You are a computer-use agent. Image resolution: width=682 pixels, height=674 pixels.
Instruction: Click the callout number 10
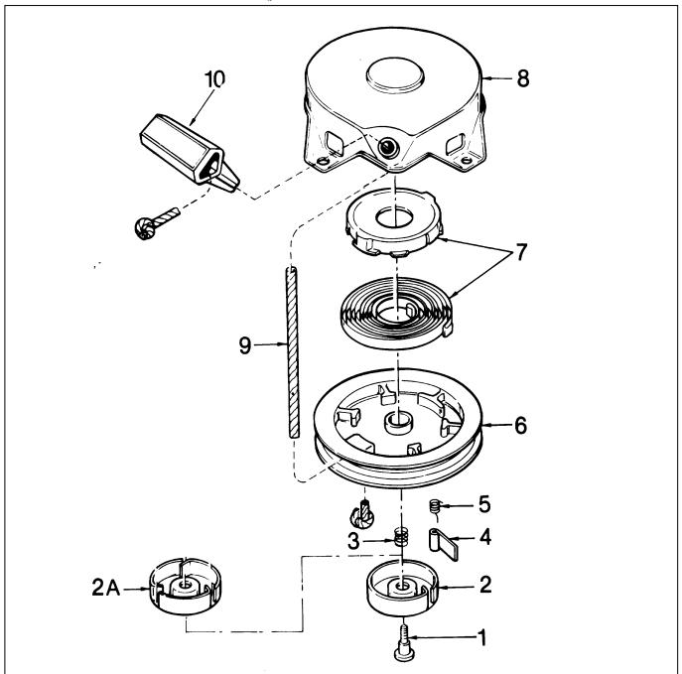[x=214, y=79]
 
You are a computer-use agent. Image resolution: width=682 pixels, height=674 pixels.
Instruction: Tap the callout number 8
[x=523, y=78]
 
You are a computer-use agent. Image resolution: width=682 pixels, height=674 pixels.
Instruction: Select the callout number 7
[x=521, y=252]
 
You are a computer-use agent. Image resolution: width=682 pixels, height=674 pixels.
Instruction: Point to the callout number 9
[x=245, y=345]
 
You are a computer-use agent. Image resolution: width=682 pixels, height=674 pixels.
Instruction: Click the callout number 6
[x=520, y=425]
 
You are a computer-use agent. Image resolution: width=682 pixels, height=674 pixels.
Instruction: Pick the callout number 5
[x=484, y=505]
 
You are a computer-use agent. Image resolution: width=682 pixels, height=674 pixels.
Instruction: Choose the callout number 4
[x=485, y=537]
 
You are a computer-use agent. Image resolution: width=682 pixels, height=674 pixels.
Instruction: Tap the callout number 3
[x=353, y=541]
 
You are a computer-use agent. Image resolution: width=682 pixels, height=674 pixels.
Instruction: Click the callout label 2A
[x=105, y=588]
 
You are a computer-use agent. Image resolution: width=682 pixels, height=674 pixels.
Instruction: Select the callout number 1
[x=481, y=638]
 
